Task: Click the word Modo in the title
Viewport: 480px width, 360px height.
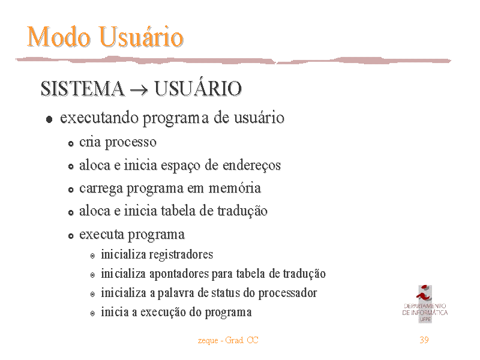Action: [x=58, y=37]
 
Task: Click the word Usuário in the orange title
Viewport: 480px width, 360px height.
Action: [x=141, y=37]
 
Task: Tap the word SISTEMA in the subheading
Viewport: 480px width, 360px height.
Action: [x=83, y=88]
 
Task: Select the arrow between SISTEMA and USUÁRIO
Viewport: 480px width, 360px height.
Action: [x=139, y=90]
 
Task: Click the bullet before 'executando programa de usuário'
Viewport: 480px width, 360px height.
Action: [x=49, y=119]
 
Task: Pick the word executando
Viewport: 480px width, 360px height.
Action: [x=99, y=118]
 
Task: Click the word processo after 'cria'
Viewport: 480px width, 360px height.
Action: [x=131, y=143]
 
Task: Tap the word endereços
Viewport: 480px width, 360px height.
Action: [x=251, y=166]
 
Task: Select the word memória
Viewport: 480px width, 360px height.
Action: [x=235, y=188]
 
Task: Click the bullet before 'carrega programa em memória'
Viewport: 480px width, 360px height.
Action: [x=71, y=190]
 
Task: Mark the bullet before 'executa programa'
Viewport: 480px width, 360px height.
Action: [x=71, y=236]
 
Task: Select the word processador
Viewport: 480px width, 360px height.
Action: [x=287, y=293]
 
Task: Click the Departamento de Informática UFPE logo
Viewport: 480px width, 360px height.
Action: [x=425, y=304]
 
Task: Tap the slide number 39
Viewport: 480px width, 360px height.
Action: [x=424, y=340]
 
